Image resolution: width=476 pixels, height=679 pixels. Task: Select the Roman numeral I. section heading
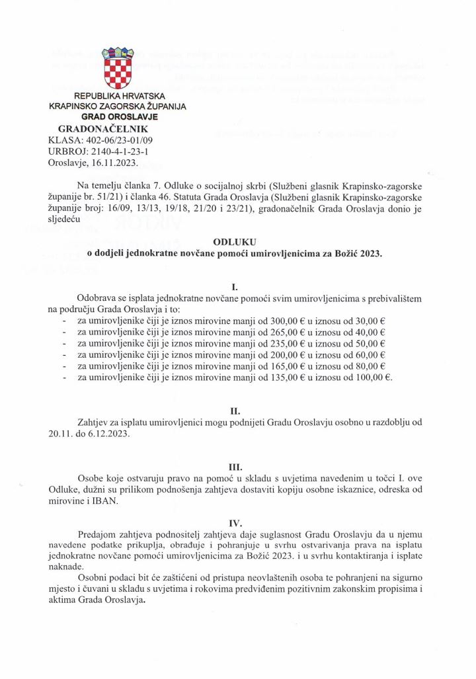click(x=235, y=288)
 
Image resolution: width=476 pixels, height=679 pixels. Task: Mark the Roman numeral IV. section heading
click(x=235, y=523)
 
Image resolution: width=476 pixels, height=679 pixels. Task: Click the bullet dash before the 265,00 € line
click(x=63, y=333)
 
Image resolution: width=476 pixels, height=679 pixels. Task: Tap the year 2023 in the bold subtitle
click(x=370, y=254)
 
